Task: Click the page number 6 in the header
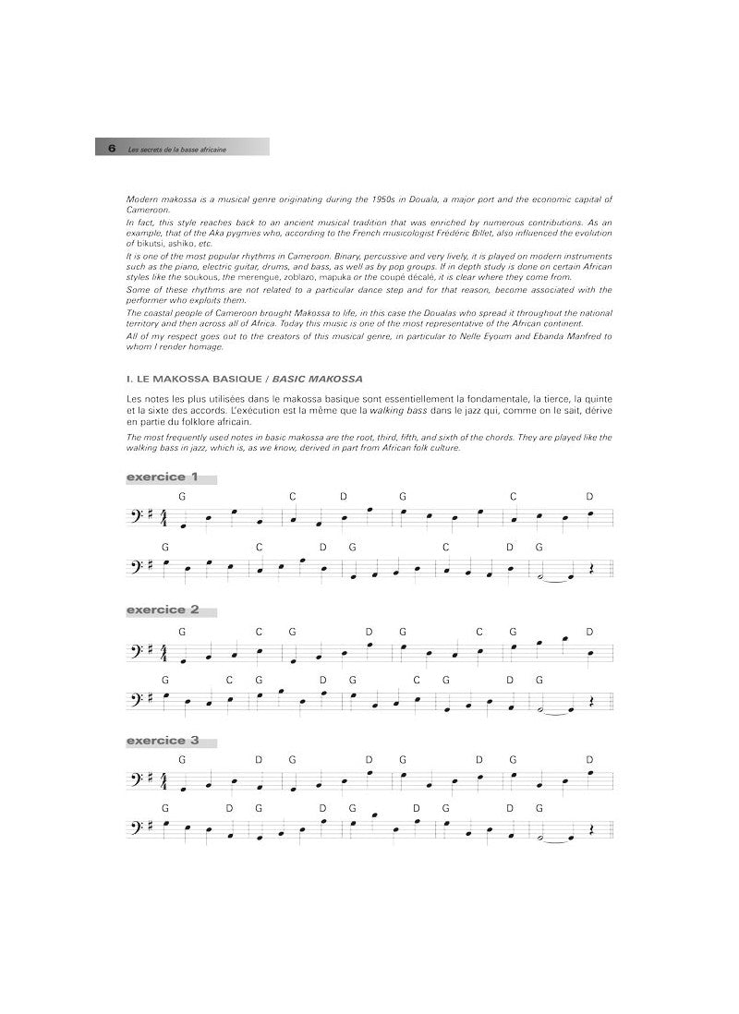point(111,148)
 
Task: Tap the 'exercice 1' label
point(163,477)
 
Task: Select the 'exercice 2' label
point(163,610)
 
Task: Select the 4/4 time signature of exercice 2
point(165,654)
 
